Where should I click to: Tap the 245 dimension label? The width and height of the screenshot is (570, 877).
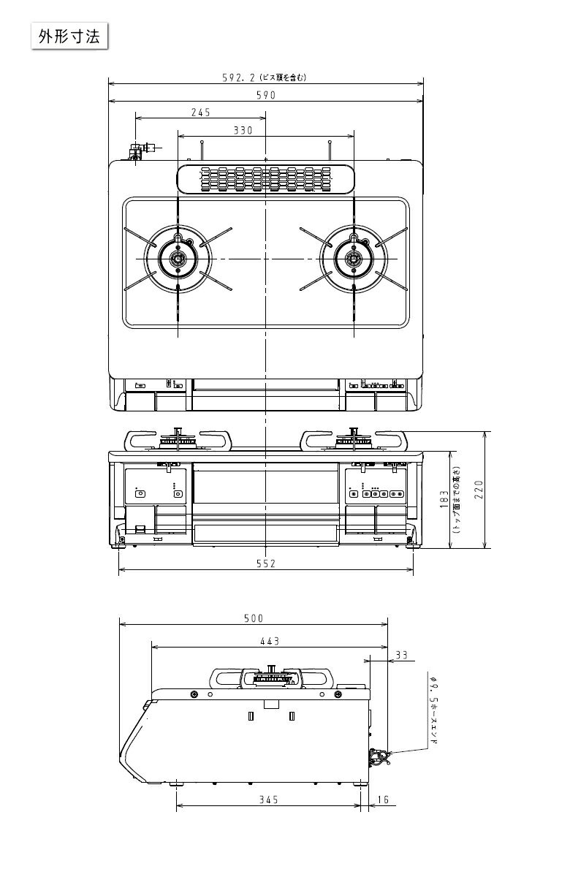point(200,113)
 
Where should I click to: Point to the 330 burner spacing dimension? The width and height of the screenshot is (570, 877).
point(243,131)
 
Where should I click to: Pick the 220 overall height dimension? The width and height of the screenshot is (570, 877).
point(479,488)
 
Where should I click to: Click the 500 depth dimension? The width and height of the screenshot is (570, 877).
point(253,618)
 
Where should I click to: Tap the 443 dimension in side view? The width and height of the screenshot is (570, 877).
point(269,641)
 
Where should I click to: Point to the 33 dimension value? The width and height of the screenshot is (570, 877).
point(401,656)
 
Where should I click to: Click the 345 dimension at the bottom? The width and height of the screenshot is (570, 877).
point(268,800)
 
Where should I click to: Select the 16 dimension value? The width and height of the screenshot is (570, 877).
point(382,800)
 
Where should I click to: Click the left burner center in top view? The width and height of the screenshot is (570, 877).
point(178,259)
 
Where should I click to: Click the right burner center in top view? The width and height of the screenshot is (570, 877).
point(354,259)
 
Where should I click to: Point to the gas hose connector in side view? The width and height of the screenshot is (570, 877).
point(379,756)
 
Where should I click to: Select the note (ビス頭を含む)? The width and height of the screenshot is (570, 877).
point(282,77)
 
